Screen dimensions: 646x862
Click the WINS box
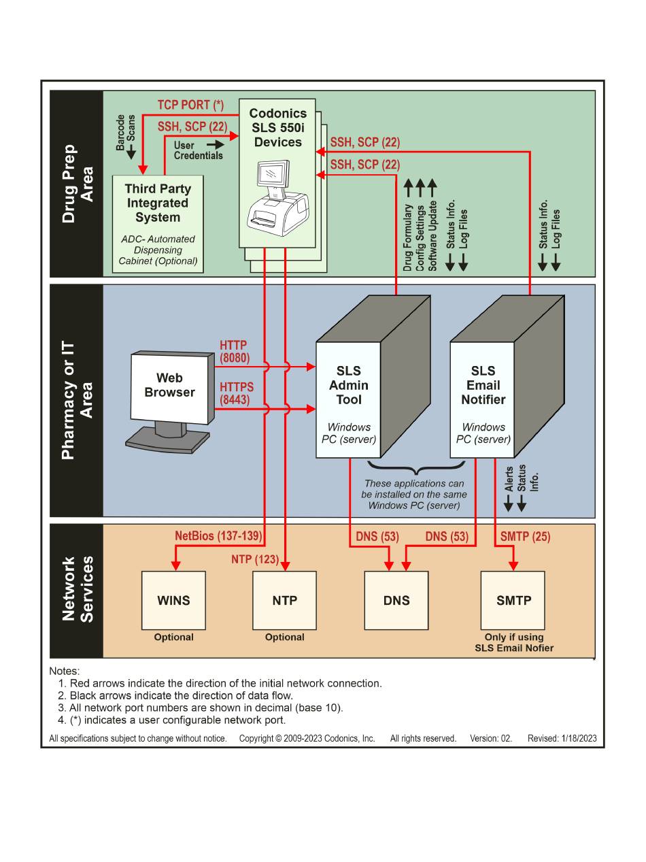coord(173,600)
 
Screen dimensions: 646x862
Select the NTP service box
coord(284,600)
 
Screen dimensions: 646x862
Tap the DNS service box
coord(396,600)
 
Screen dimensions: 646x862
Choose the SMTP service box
coord(513,600)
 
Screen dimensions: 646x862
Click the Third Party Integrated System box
coord(158,224)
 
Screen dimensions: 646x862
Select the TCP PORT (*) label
coord(190,105)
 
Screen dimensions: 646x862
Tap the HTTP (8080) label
coord(235,352)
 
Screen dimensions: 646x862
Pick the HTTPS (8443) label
coord(236,393)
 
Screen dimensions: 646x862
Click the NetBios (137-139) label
coord(218,535)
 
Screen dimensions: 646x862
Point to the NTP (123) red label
coord(255,559)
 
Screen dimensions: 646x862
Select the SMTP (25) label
coord(525,536)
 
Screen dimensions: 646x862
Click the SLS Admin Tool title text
coord(349,385)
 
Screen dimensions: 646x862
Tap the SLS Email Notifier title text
coord(483,385)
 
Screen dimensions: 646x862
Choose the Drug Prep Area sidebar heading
coord(78,184)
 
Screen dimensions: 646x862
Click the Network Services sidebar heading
coord(78,589)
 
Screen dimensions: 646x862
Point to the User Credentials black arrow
coord(216,144)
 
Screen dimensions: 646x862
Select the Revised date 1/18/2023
coord(579,738)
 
